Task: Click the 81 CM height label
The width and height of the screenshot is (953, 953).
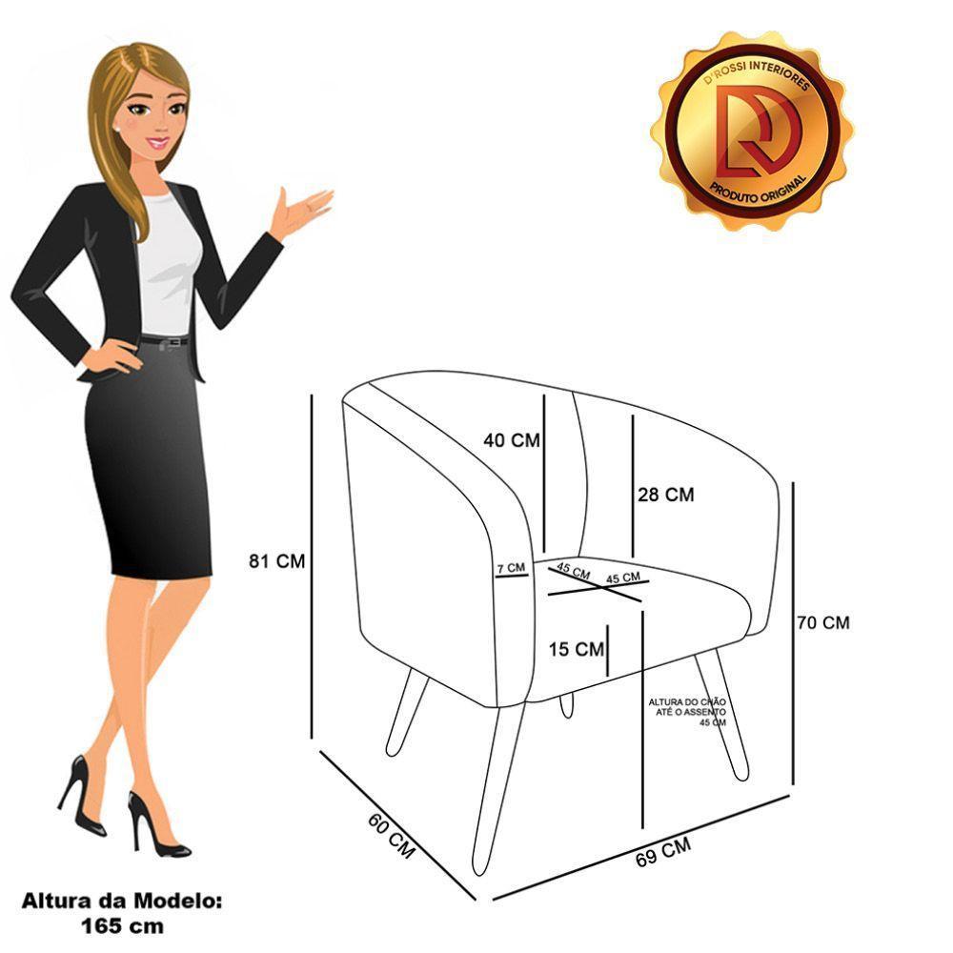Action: click(276, 561)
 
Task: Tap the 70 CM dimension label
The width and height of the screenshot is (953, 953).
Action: click(823, 623)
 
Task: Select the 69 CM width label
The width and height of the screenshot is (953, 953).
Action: click(662, 849)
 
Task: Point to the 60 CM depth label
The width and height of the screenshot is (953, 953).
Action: click(391, 836)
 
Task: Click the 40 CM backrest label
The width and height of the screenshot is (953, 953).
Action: click(511, 440)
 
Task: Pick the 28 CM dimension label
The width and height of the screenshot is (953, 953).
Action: click(665, 495)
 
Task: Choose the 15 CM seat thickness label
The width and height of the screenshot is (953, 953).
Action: click(577, 649)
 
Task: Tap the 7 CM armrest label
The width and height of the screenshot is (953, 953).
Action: click(511, 568)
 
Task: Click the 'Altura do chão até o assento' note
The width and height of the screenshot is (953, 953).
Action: click(687, 711)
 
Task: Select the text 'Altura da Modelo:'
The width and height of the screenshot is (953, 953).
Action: click(122, 901)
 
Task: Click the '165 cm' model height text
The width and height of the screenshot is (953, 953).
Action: click(122, 924)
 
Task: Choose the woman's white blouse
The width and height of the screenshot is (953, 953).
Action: click(168, 267)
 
